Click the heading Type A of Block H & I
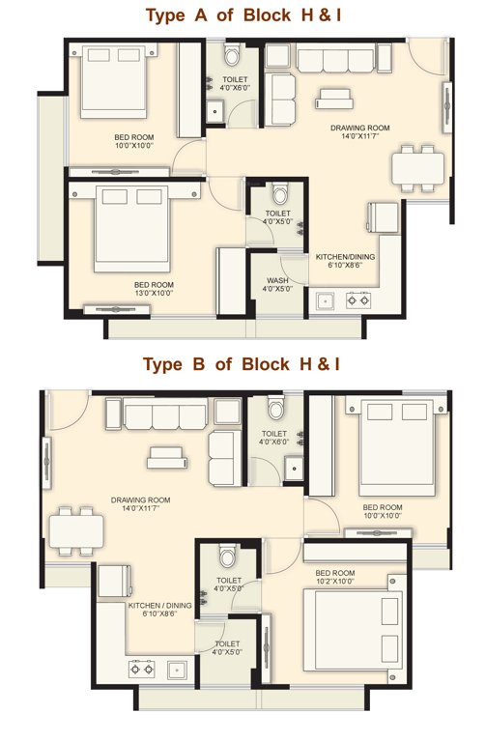[x=242, y=15]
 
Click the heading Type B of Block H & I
[x=242, y=364]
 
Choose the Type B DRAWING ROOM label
[x=140, y=504]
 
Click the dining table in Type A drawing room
[x=417, y=170]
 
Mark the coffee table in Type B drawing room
[x=162, y=454]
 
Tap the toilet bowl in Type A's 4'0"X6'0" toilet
[x=235, y=53]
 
